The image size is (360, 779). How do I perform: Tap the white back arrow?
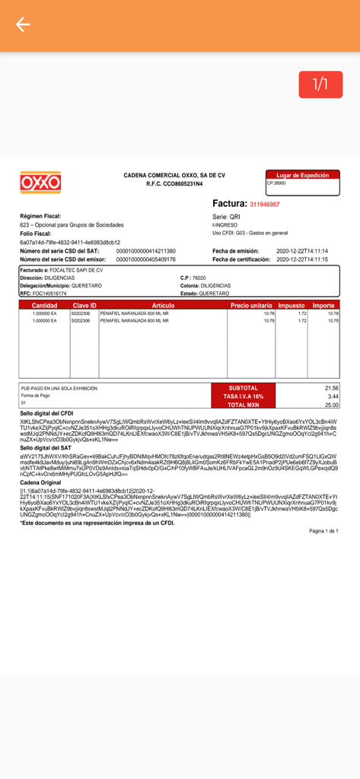coord(23,25)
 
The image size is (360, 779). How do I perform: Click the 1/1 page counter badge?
coord(320,84)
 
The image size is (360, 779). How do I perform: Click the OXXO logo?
coord(40,183)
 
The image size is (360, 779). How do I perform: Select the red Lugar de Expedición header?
coord(302,175)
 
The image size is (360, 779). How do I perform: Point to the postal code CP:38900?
coord(276,183)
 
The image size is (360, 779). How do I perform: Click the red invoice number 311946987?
coord(264,205)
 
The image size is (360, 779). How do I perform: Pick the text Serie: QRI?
coord(226,217)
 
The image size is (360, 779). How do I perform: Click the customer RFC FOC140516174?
coord(43,293)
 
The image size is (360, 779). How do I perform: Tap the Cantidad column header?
coord(44,305)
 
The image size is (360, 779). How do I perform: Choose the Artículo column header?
coord(164,305)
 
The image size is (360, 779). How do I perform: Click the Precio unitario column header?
coord(252,305)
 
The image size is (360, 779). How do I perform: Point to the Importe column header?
coord(323,305)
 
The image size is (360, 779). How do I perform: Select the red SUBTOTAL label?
coord(244,388)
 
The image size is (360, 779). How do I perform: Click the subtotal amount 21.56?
coord(331,388)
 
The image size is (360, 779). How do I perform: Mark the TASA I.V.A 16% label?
coord(244,396)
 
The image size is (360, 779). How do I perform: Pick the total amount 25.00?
coord(332,405)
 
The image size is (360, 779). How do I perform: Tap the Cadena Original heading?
coord(40,483)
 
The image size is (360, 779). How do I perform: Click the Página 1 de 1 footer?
coord(323,531)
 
